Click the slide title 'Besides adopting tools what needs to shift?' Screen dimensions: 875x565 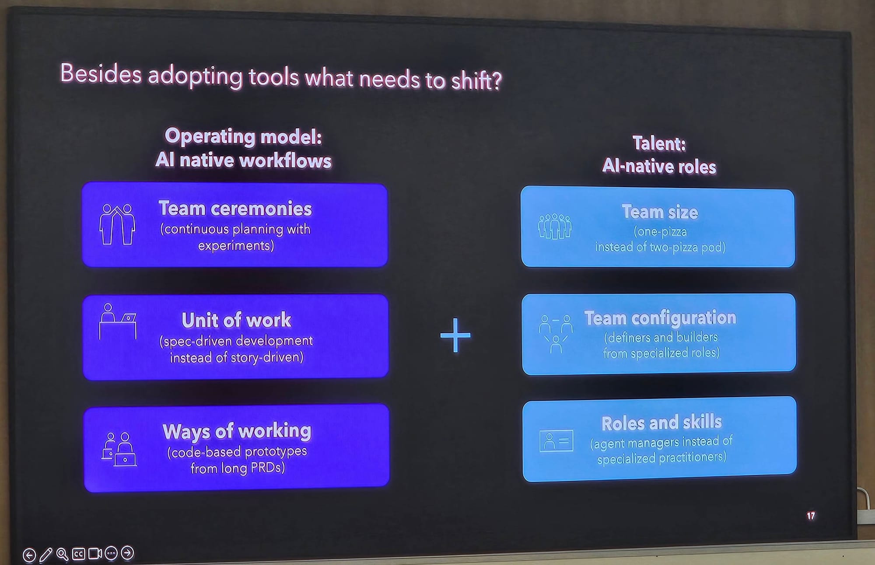click(x=281, y=77)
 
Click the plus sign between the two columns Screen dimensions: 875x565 click(x=455, y=335)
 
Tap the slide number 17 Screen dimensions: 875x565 click(x=811, y=516)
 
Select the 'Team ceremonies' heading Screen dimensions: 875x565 click(x=235, y=209)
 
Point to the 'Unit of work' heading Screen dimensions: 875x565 click(x=236, y=320)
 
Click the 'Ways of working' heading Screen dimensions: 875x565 click(x=237, y=432)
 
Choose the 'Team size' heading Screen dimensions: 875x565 click(x=660, y=212)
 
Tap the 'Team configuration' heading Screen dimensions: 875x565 click(x=660, y=318)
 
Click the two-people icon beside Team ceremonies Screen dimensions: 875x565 click(x=117, y=224)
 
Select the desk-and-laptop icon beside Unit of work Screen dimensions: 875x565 click(x=118, y=321)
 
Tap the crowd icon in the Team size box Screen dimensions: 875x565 click(x=555, y=226)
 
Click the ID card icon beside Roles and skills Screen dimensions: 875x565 click(x=556, y=441)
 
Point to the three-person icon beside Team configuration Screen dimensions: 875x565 click(x=556, y=334)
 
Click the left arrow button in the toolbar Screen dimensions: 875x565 click(x=29, y=555)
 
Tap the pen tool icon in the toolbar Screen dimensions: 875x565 click(x=46, y=555)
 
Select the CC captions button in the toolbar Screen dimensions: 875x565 click(x=78, y=554)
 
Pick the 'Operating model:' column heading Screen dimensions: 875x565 click(x=243, y=136)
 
